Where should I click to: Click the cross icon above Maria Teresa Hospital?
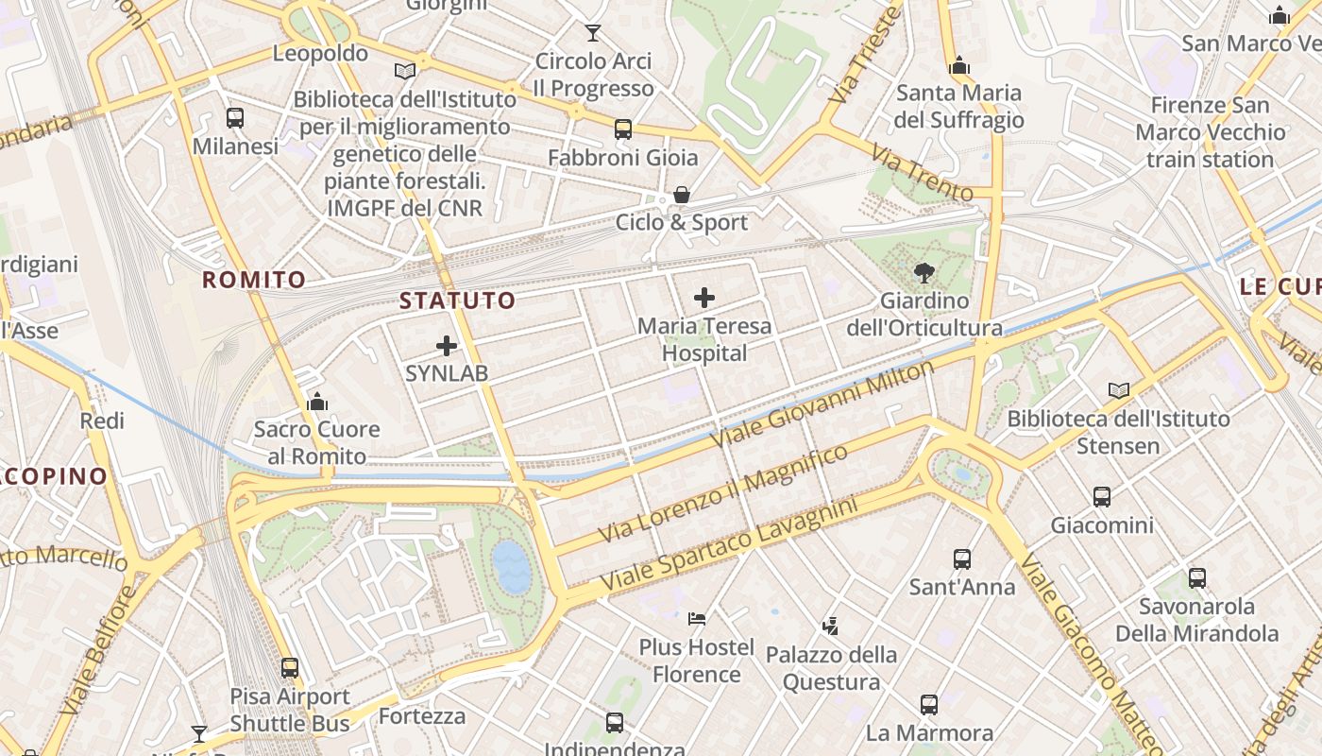[703, 299]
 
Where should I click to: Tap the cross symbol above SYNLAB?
[447, 346]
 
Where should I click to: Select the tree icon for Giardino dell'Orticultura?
[924, 273]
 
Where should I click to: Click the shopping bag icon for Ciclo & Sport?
[681, 196]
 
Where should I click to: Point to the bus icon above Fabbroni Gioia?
[622, 129]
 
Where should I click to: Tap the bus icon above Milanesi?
[235, 118]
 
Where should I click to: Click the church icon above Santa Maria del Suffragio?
[959, 65]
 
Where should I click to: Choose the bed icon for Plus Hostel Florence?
[697, 619]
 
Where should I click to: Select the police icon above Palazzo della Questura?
[830, 626]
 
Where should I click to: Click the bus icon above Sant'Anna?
[961, 558]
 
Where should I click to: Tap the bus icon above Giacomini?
[1101, 497]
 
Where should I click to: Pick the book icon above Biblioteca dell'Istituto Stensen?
[1118, 390]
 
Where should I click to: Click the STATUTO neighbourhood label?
[458, 301]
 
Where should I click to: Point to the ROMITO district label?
[254, 280]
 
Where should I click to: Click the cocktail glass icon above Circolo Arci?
[592, 33]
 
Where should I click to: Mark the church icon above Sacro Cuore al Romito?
[317, 403]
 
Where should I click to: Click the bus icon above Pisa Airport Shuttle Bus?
[290, 668]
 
